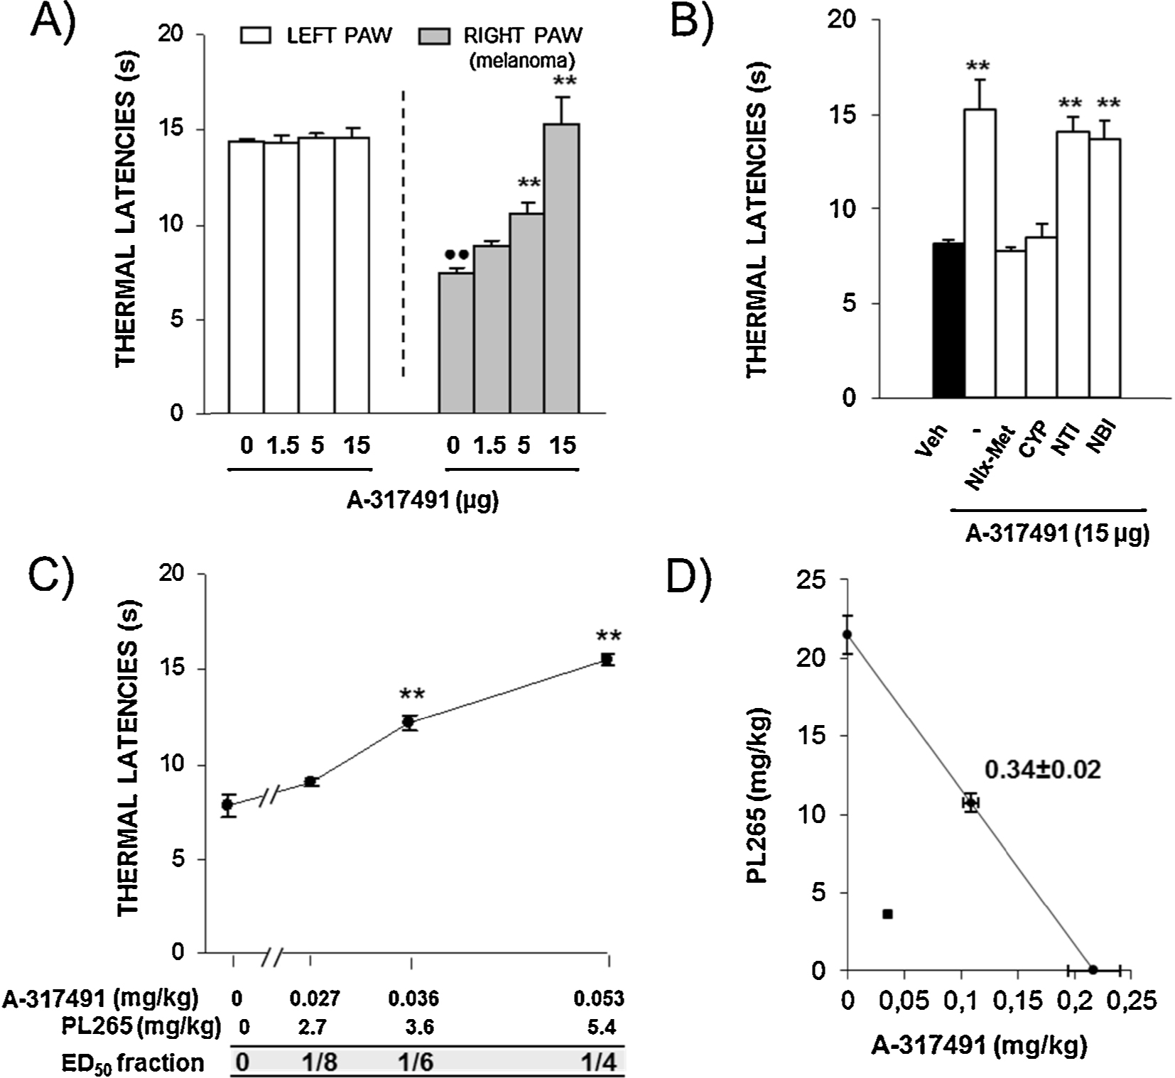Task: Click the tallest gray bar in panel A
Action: pyautogui.click(x=561, y=268)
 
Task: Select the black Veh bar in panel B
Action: pyautogui.click(x=948, y=320)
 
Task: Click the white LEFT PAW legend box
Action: pyautogui.click(x=256, y=36)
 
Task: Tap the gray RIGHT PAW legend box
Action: pyautogui.click(x=433, y=36)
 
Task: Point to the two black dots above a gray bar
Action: pyautogui.click(x=457, y=254)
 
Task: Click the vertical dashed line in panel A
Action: pyautogui.click(x=404, y=234)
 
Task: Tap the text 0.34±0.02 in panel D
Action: pyautogui.click(x=1042, y=769)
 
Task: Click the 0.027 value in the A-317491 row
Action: pyautogui.click(x=314, y=998)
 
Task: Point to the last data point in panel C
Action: pyautogui.click(x=607, y=660)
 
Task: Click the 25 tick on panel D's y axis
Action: pyautogui.click(x=812, y=581)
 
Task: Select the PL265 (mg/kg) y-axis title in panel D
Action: pyautogui.click(x=759, y=795)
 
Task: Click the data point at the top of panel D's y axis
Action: pyautogui.click(x=847, y=634)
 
